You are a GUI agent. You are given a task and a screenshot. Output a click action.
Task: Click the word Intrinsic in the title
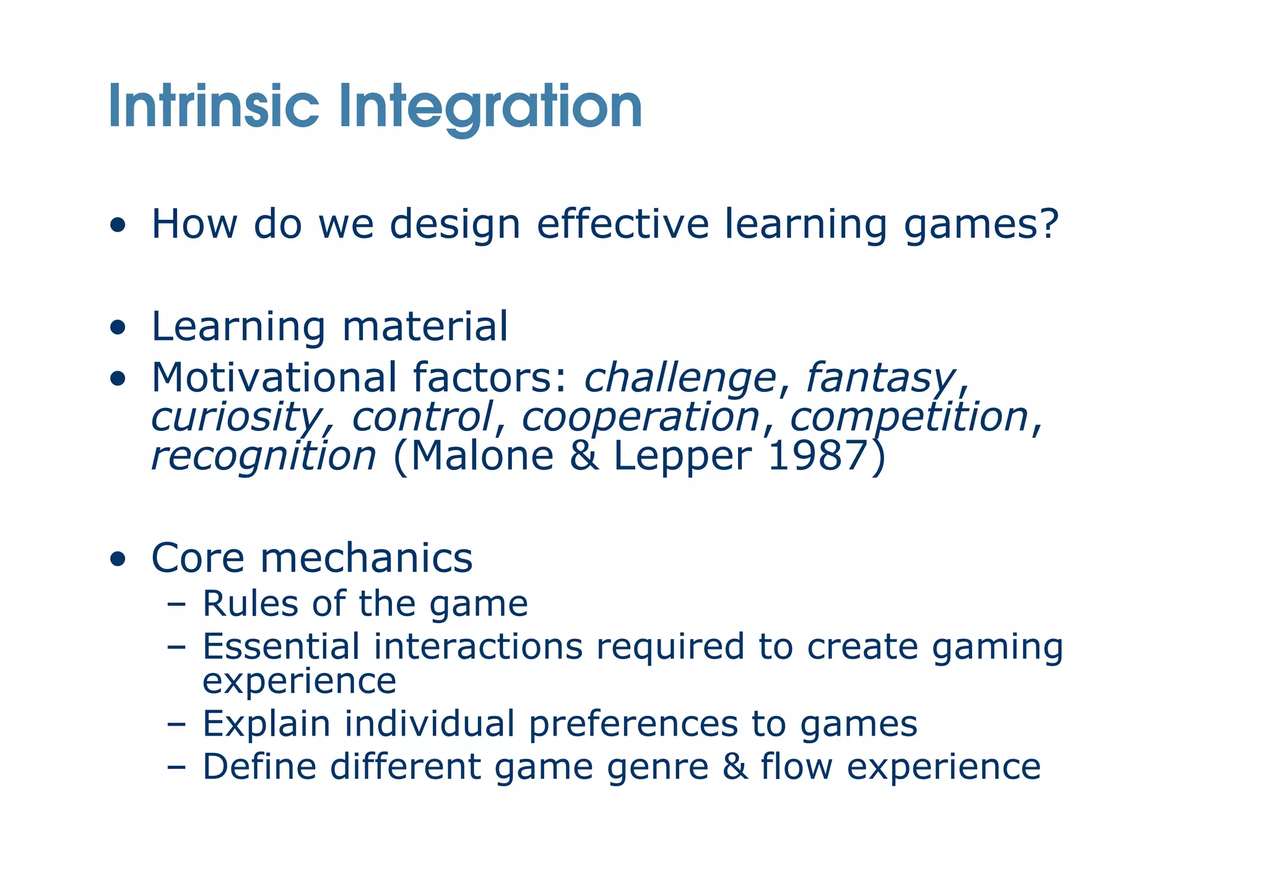[214, 106]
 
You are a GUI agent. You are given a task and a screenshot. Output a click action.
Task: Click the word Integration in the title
[490, 106]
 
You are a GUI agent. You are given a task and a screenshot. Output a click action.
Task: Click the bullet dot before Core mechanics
[118, 559]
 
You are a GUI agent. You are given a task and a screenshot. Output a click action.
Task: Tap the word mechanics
[367, 557]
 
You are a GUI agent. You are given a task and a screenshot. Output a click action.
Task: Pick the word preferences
[633, 723]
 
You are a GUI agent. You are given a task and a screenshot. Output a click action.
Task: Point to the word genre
[658, 767]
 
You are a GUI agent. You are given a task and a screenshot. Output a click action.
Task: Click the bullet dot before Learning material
[118, 328]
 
